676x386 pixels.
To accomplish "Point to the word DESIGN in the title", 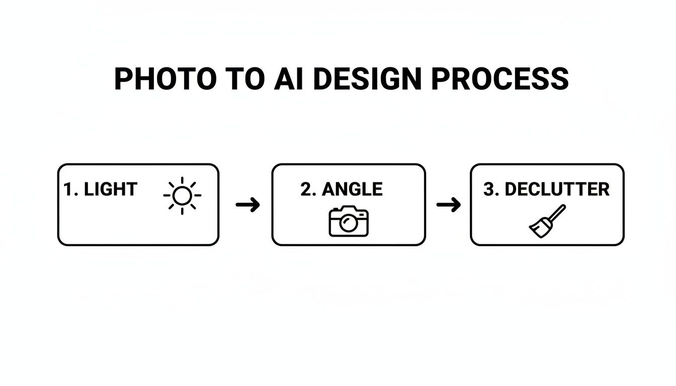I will pos(367,79).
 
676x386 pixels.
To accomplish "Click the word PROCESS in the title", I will pos(500,79).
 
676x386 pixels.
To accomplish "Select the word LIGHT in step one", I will pos(110,189).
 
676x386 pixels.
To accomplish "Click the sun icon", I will pos(182,196).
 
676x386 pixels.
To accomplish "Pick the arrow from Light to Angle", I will pos(247,205).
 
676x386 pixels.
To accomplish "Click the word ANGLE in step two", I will pos(352,189).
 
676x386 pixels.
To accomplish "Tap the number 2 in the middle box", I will pos(306,189).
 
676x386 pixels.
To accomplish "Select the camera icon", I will pos(349,221).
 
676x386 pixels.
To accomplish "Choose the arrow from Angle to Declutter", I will pos(448,205).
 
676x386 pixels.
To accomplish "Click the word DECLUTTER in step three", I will pos(557,189).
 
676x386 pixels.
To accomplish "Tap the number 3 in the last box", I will pos(488,189).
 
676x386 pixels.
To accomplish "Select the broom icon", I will pos(547,221).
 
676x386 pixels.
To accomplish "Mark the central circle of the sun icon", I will pos(182,196).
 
